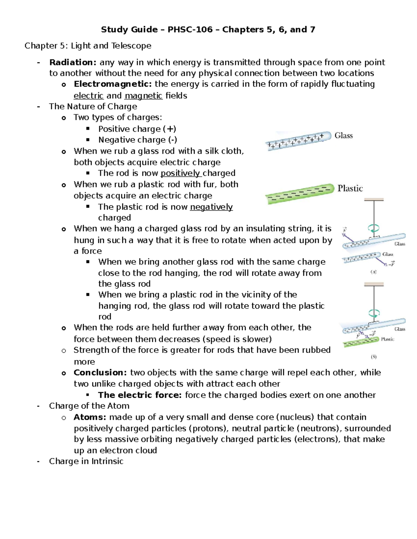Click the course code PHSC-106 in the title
coord(190,30)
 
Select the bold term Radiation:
coord(73,62)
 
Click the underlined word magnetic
coord(143,96)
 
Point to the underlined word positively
coord(180,173)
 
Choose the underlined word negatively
coord(211,207)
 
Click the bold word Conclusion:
coord(100,373)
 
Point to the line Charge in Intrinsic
coord(86,461)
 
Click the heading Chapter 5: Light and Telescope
coord(88,46)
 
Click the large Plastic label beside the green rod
coord(350,188)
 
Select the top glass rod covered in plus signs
coord(298,141)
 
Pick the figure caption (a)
coord(374,272)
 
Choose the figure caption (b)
coord(374,357)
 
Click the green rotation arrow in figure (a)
coord(374,228)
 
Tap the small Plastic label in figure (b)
coord(387,339)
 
